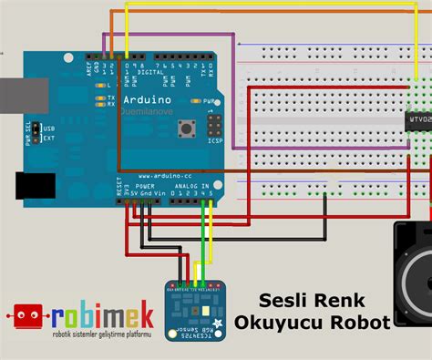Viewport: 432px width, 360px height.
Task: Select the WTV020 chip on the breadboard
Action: [417, 121]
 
